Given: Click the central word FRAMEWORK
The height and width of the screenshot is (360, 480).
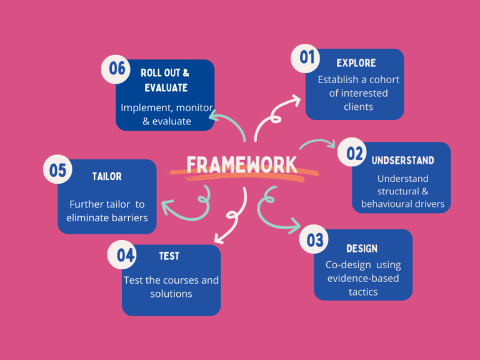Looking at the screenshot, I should click(242, 164).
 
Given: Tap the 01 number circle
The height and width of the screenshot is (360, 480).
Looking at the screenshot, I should click(307, 57).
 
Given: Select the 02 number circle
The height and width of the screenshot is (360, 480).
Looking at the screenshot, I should click(354, 154).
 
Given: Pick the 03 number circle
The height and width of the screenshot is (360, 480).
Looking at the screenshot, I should click(315, 239).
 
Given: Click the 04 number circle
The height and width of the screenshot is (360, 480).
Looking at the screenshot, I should click(126, 254).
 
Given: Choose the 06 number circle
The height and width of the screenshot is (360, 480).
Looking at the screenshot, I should click(117, 67).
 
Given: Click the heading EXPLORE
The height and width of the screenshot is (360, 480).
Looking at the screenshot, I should click(356, 62).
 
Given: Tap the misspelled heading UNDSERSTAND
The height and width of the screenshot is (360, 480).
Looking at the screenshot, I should click(402, 160).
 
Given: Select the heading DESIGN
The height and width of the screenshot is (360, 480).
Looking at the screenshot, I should click(362, 248).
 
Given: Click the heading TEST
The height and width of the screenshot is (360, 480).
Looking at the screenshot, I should click(169, 256).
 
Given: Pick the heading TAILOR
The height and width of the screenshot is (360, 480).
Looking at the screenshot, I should click(107, 176).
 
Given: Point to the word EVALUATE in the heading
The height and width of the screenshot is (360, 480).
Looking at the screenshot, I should click(166, 87).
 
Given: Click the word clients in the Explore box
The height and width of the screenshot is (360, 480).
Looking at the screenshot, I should click(358, 107).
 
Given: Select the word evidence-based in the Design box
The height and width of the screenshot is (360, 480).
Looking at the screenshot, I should click(363, 278).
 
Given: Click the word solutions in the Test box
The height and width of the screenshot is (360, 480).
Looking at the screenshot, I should click(171, 294).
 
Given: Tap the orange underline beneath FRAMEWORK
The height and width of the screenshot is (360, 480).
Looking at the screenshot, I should click(244, 177).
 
